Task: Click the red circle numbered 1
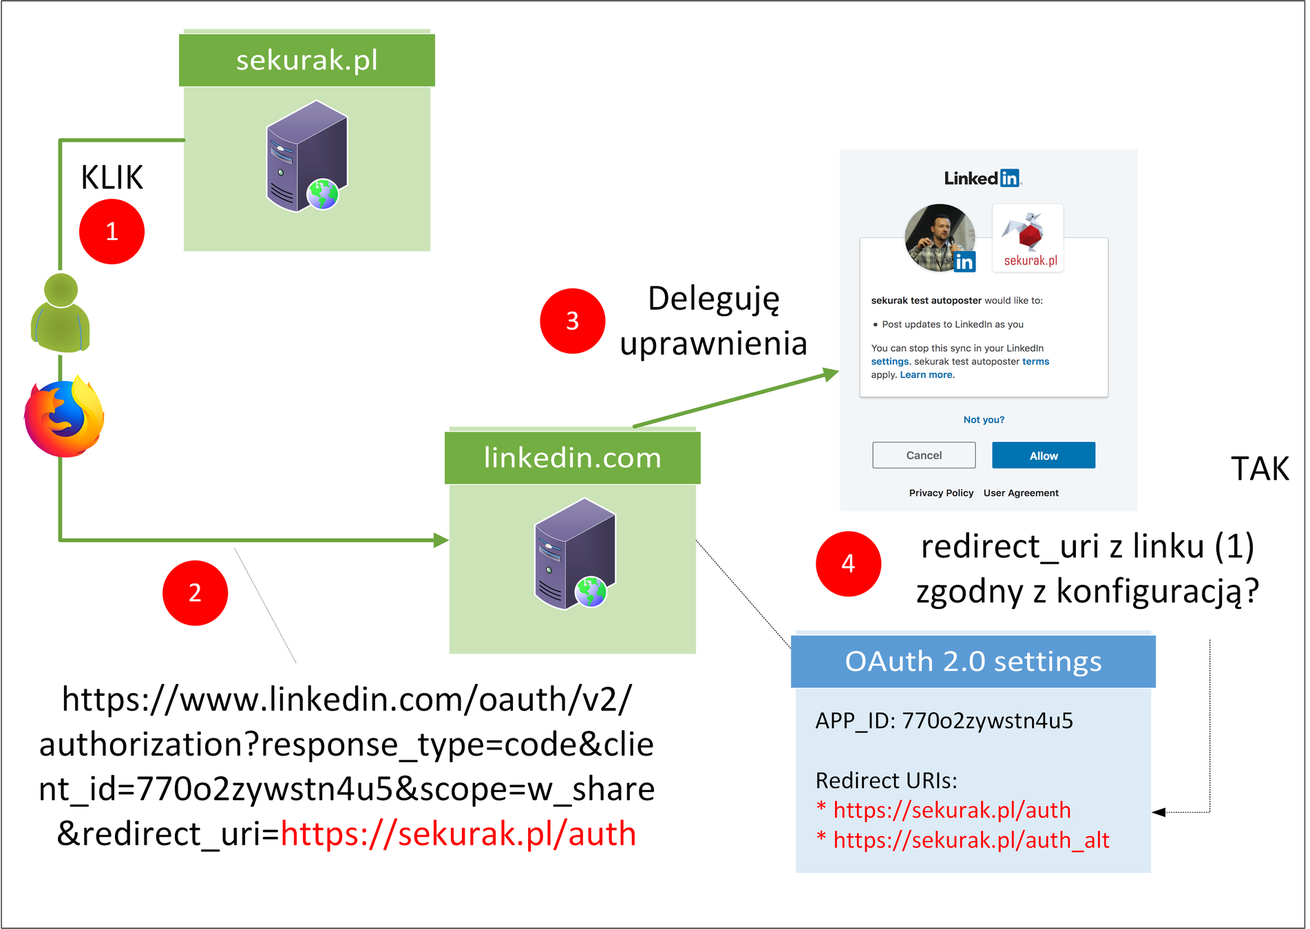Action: pos(112,231)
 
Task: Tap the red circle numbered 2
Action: pos(195,592)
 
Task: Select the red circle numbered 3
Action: pos(572,321)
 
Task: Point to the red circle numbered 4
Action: pos(848,564)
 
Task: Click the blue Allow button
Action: pos(1043,456)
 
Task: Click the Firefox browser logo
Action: pos(64,417)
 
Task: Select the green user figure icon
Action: pos(61,313)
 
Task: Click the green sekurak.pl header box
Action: pos(306,60)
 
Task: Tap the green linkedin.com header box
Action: pos(572,458)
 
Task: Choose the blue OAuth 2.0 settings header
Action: pos(973,661)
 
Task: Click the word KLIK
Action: pos(112,178)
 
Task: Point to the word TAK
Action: pos(1259,469)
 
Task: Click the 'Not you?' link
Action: pos(983,420)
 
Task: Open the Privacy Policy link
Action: pos(940,493)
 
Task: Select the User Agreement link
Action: pos(1020,493)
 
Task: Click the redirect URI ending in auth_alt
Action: pos(971,840)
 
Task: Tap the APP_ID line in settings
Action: pos(944,720)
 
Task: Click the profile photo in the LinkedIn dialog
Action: pos(939,238)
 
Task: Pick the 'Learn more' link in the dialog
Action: pos(926,375)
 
